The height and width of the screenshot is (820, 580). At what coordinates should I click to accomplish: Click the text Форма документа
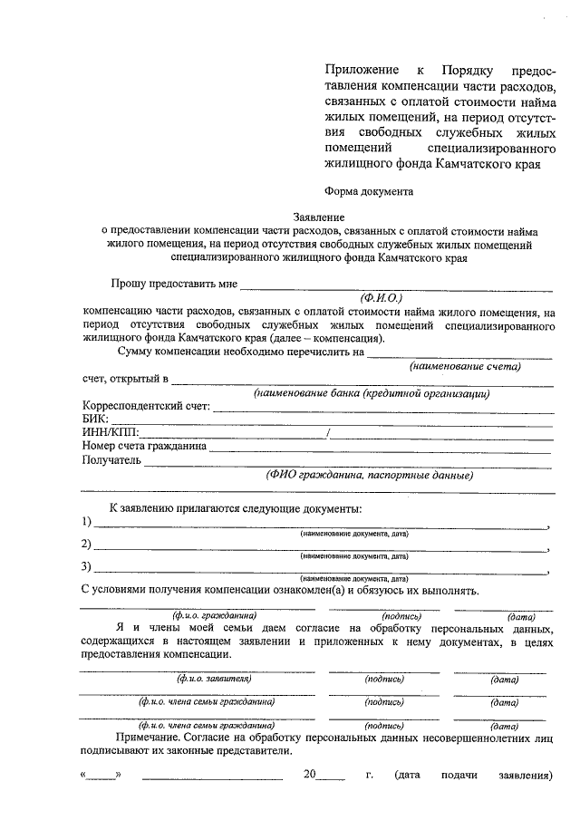[369, 191]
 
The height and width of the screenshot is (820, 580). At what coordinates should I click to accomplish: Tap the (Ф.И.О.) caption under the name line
[381, 297]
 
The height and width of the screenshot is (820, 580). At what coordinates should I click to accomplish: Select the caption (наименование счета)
[465, 366]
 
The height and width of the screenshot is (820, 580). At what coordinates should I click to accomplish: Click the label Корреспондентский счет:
[146, 406]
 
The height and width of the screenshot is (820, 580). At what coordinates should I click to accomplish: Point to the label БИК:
[95, 420]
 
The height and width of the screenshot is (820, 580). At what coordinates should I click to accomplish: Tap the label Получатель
[112, 459]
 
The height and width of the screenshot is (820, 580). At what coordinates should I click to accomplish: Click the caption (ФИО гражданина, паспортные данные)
[370, 474]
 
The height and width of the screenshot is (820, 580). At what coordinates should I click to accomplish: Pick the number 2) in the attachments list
[87, 545]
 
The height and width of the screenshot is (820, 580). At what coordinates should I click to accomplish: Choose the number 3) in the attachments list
[87, 568]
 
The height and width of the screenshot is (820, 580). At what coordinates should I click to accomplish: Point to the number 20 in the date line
[311, 776]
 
